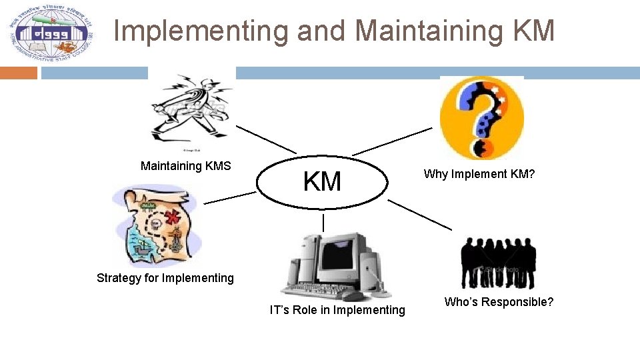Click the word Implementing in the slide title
tap(201, 31)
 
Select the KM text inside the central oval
tap(322, 181)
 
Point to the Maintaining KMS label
tap(185, 166)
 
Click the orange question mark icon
tap(481, 117)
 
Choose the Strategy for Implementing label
tap(165, 278)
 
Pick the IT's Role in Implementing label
tap(337, 310)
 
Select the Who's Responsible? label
tap(499, 302)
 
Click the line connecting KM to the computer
tap(323, 222)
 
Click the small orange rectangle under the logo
tap(19, 73)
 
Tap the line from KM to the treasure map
tap(229, 197)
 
